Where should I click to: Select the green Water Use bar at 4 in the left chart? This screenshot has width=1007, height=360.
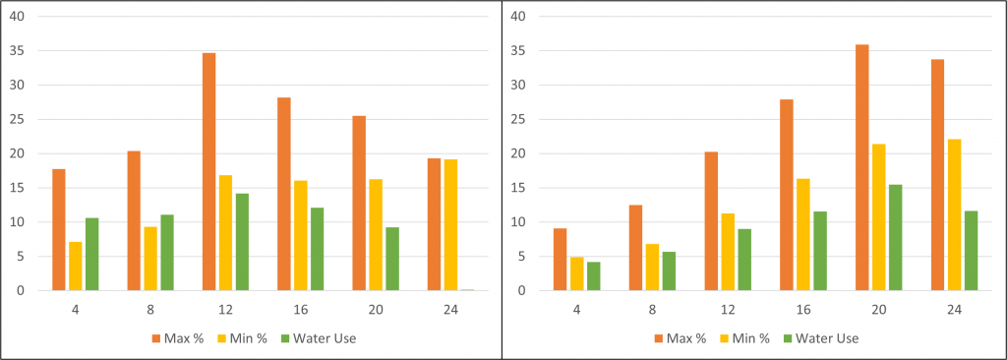[x=91, y=254]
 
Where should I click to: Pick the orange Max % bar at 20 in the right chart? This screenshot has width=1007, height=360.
[x=861, y=167]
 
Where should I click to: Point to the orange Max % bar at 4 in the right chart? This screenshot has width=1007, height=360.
[x=560, y=260]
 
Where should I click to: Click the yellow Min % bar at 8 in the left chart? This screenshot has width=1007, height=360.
[x=150, y=259]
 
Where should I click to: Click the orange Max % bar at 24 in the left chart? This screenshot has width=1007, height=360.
[x=434, y=224]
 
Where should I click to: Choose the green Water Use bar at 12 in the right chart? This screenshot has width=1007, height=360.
[x=744, y=260]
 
